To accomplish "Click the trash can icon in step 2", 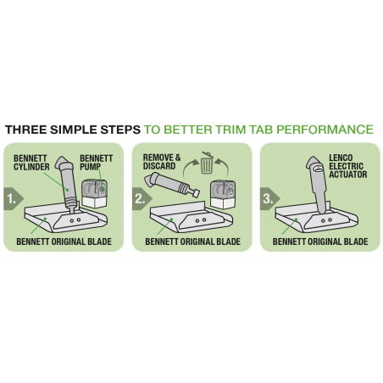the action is pyautogui.click(x=207, y=163).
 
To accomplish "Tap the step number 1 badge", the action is pyautogui.click(x=14, y=199).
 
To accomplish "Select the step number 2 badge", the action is pyautogui.click(x=142, y=199).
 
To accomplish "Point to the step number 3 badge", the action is pyautogui.click(x=269, y=199).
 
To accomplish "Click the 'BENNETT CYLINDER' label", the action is pyautogui.click(x=31, y=163).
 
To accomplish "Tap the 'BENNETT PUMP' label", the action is pyautogui.click(x=96, y=163).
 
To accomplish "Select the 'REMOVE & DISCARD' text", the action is pyautogui.click(x=162, y=162).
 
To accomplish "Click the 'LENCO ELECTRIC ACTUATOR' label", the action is pyautogui.click(x=348, y=166).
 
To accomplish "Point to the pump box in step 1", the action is pyautogui.click(x=95, y=193).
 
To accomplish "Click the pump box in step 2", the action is pyautogui.click(x=223, y=194).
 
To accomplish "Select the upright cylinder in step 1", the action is pyautogui.click(x=67, y=184).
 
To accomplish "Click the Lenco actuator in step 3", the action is pyautogui.click(x=318, y=184).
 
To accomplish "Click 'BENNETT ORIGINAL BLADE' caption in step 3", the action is pyautogui.click(x=320, y=241).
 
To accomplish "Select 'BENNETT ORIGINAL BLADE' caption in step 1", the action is pyautogui.click(x=64, y=241).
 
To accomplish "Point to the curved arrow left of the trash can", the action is pyautogui.click(x=190, y=169).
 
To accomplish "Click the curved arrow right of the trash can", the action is pyautogui.click(x=222, y=169).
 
